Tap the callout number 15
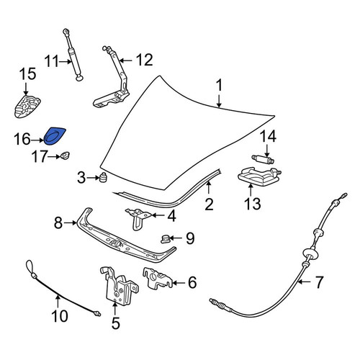click(27, 73)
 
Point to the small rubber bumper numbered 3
click(103, 177)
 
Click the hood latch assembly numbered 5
click(119, 286)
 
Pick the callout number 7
click(319, 282)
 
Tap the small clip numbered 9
click(165, 239)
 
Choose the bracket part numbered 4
click(138, 217)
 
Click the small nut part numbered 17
click(65, 156)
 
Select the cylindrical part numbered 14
click(263, 159)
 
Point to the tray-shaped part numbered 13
click(258, 176)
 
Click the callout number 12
click(144, 60)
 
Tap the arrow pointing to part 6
click(178, 283)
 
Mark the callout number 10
click(60, 316)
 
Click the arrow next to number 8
click(71, 223)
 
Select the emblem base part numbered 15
click(27, 107)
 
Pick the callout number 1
click(219, 86)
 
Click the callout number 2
click(209, 204)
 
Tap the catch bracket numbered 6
click(157, 279)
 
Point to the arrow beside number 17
click(54, 157)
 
